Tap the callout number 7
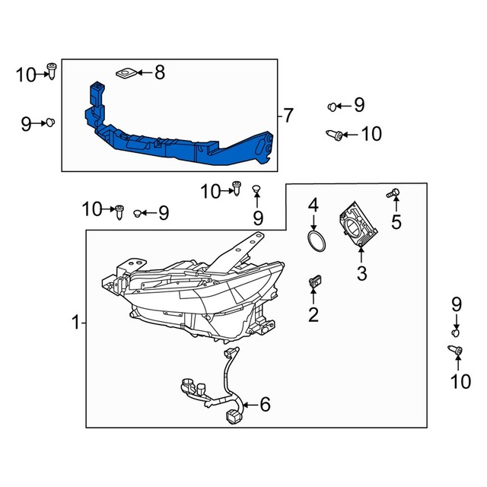(288, 116)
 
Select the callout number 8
(159, 73)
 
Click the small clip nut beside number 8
(126, 73)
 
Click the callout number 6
(265, 405)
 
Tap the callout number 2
(313, 315)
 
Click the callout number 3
(361, 272)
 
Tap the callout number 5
(395, 222)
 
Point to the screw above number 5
(394, 196)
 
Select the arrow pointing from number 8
(144, 73)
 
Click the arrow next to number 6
(249, 405)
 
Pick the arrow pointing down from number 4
(313, 221)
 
